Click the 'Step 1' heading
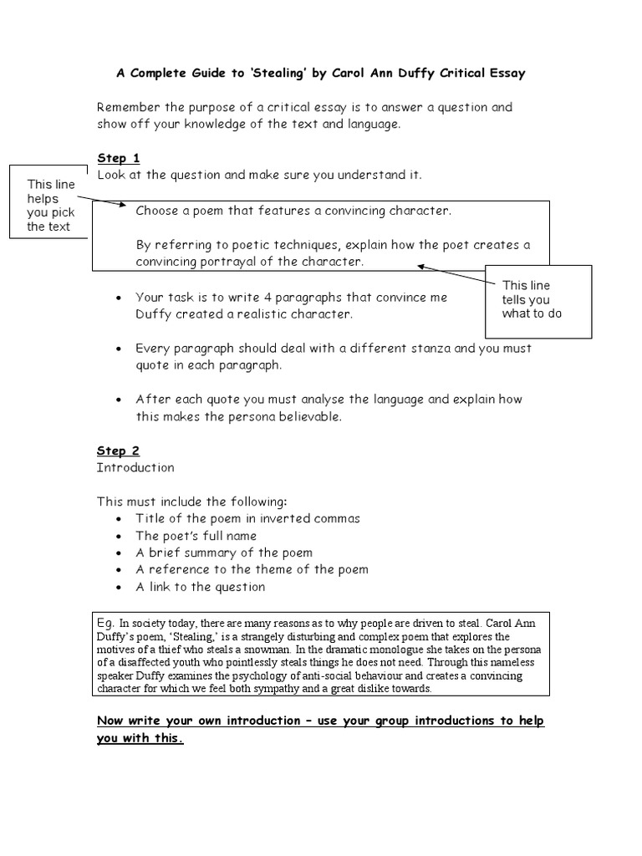119,158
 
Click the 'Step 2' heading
119,451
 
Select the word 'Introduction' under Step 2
135,467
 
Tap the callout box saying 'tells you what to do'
538,299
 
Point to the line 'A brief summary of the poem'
224,553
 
